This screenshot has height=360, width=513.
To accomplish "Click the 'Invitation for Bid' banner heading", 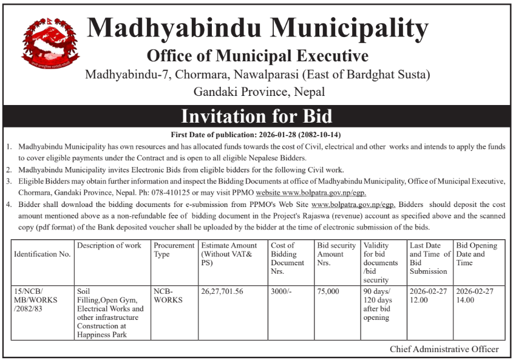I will pos(256,117).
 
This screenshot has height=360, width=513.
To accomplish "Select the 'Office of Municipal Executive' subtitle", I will pos(257,56).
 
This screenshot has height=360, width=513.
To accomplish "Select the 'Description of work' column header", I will pos(109,246).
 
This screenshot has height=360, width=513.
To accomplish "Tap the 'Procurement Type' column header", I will pos(174,250).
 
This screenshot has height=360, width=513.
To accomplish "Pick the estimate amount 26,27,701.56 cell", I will pos(222,291).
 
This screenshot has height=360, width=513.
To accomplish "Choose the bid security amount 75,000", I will pos(328,291).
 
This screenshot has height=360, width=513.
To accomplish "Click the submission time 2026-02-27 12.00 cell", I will pos(427,296).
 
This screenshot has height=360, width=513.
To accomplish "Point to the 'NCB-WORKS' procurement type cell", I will pos(168,296).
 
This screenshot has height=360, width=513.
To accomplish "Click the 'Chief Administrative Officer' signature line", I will pos(444,349).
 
